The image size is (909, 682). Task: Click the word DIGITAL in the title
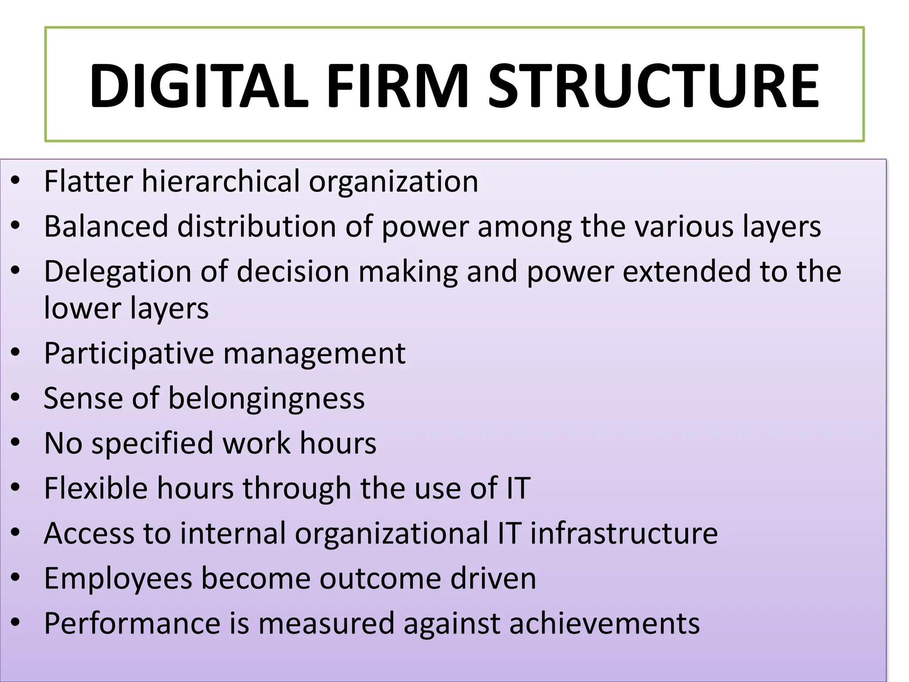pyautogui.click(x=198, y=86)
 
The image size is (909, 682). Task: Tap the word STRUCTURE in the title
pyautogui.click(x=653, y=86)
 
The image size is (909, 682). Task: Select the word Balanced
pyautogui.click(x=106, y=226)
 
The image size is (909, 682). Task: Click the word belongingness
pyautogui.click(x=266, y=398)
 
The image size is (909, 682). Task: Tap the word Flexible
pyautogui.click(x=96, y=488)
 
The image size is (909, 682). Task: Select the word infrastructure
pyautogui.click(x=624, y=533)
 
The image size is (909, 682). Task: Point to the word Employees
pyautogui.click(x=118, y=579)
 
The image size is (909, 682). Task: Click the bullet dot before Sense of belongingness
pyautogui.click(x=16, y=398)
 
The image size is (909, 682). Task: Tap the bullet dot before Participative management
pyautogui.click(x=16, y=353)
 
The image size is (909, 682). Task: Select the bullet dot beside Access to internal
pyautogui.click(x=16, y=532)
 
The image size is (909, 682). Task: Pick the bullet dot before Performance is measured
pyautogui.click(x=16, y=623)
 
